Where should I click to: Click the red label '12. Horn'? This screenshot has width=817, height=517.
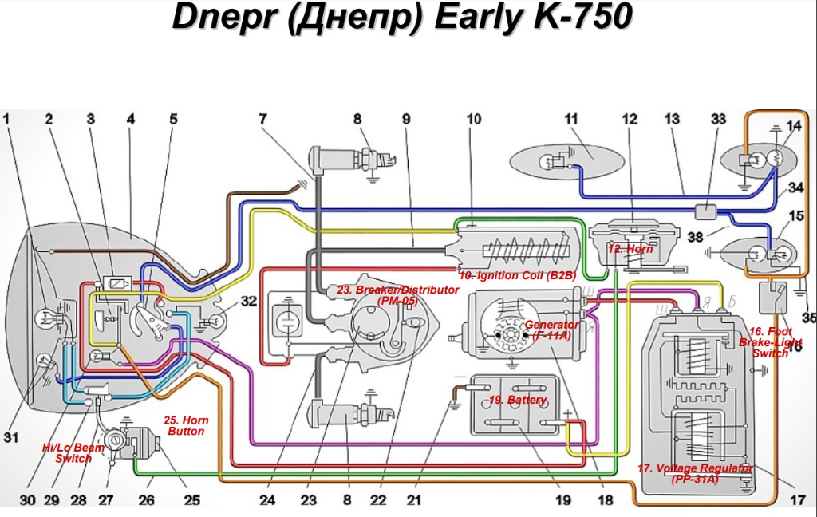click(x=630, y=249)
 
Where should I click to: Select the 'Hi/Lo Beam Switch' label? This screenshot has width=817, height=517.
click(x=73, y=453)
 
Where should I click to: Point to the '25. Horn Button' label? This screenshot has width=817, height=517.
click(x=185, y=425)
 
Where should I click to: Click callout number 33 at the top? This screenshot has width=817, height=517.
click(x=718, y=120)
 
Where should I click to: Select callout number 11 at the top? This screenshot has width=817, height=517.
click(x=570, y=120)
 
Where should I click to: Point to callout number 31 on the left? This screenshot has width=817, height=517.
click(x=10, y=437)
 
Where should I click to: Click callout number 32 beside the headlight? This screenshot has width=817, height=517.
click(x=250, y=302)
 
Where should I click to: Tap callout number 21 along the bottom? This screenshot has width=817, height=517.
click(x=412, y=500)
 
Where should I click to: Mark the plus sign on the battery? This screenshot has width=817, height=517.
click(x=569, y=413)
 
